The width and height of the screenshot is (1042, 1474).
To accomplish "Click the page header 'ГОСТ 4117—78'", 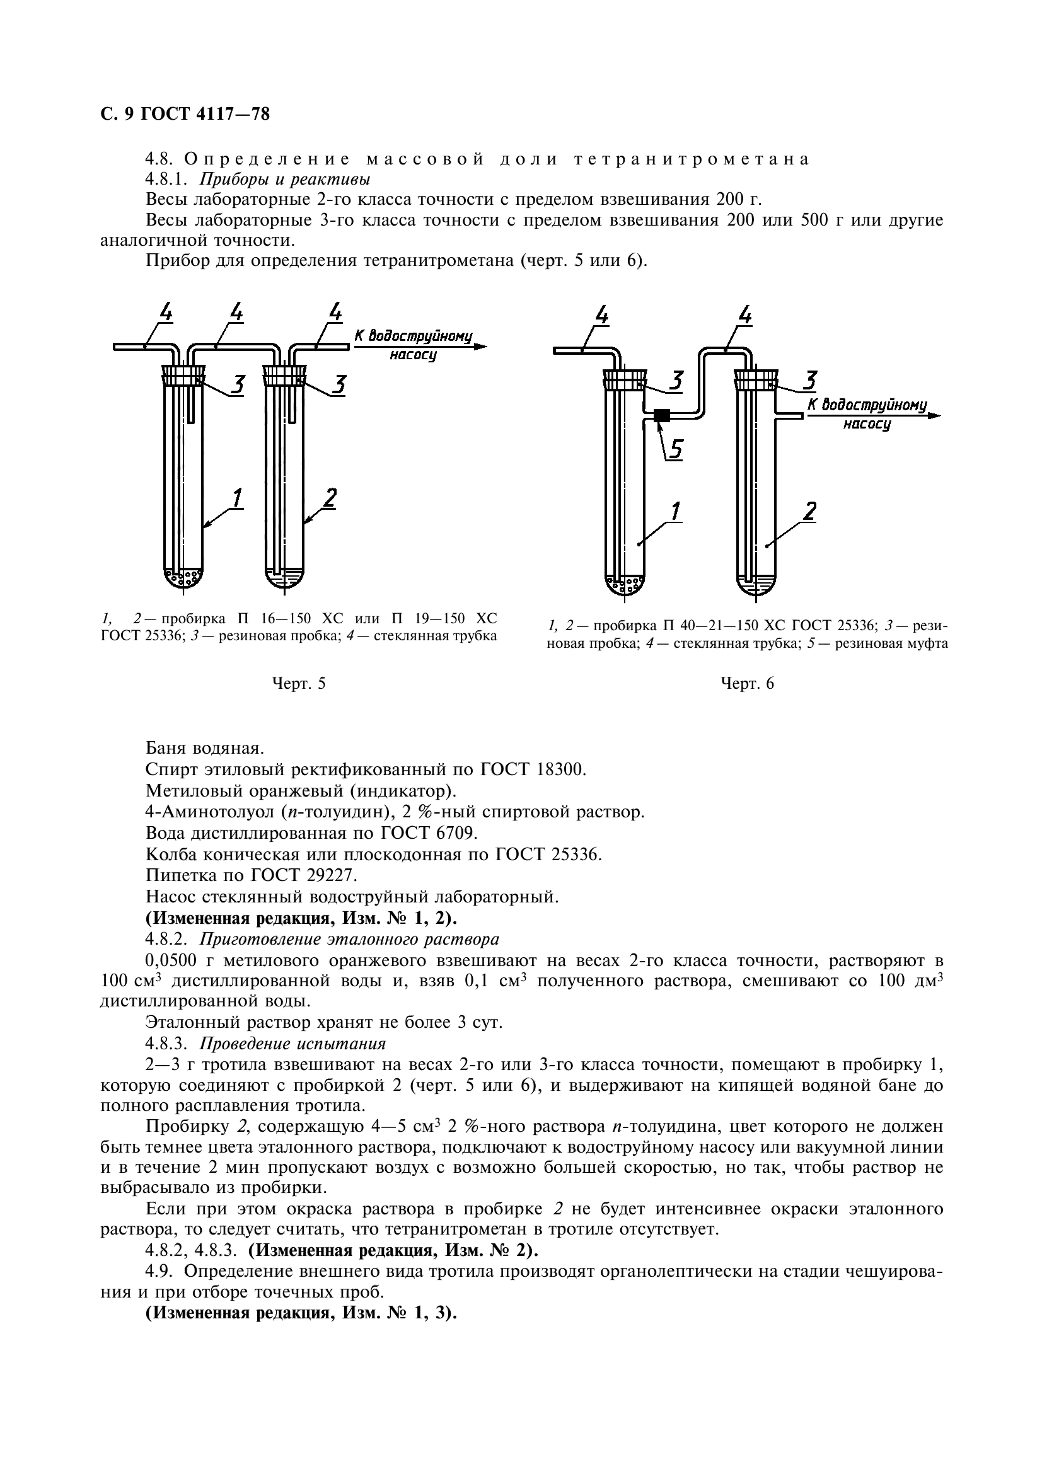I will [x=205, y=114].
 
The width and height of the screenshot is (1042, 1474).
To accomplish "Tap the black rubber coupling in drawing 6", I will [x=661, y=416].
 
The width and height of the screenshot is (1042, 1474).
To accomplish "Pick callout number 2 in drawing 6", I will [x=809, y=512].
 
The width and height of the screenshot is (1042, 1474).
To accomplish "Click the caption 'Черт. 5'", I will [x=298, y=684].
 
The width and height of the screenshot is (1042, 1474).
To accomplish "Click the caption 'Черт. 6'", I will [x=746, y=684].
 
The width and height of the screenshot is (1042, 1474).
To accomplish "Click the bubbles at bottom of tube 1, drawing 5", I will [x=183, y=578].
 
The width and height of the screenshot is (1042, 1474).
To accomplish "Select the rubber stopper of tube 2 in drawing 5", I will [x=283, y=376].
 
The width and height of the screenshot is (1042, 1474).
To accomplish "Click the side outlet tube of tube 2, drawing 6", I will [x=789, y=416].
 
